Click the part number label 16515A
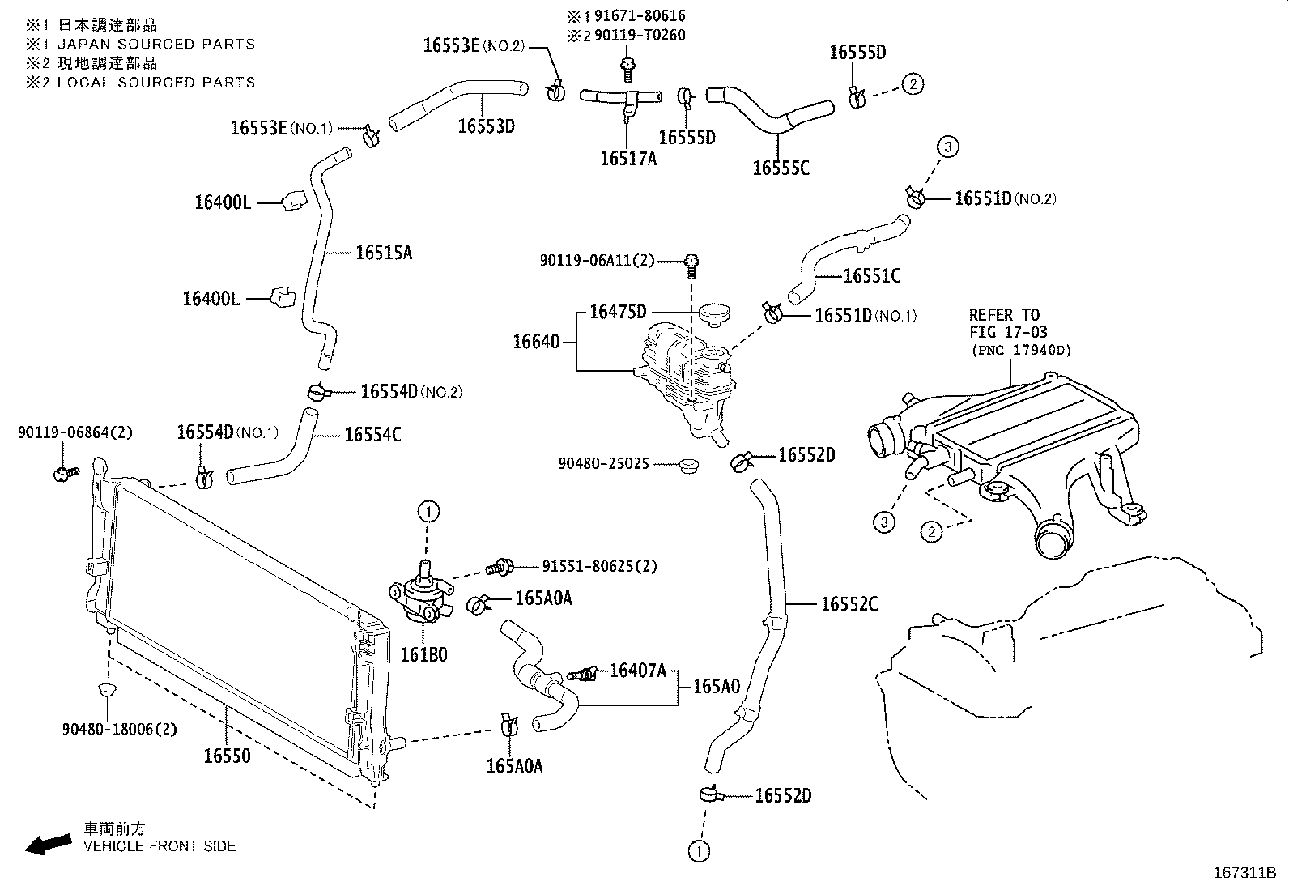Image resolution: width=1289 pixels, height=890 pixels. tap(384, 253)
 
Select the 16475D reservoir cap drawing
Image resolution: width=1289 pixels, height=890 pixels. tap(713, 313)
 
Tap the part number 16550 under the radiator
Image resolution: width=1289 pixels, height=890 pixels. tap(227, 756)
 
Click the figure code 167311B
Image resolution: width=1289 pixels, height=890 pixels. tap(1244, 873)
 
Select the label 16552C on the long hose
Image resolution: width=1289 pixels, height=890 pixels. tap(849, 603)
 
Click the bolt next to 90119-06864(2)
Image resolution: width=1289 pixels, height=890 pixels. tap(64, 472)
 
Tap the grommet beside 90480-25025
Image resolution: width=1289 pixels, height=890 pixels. tap(690, 466)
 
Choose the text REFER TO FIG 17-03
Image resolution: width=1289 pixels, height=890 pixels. tap(1008, 323)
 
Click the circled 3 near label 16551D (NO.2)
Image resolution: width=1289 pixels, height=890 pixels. tap(948, 147)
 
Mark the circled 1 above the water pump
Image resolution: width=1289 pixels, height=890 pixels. tap(428, 511)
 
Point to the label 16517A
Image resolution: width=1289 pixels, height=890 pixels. tap(627, 159)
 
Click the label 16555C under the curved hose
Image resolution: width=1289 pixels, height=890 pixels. tap(781, 168)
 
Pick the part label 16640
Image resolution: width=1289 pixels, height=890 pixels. tap(536, 342)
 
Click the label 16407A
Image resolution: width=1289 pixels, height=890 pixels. tap(637, 670)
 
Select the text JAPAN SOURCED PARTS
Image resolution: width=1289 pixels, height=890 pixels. tap(155, 45)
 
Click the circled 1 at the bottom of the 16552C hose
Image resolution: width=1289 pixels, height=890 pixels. tap(699, 850)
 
